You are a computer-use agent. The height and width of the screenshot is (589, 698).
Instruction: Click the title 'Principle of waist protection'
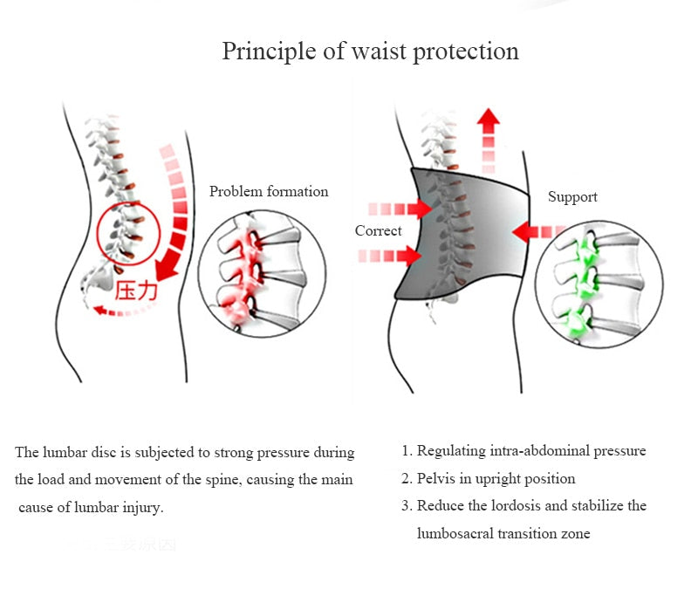(x=370, y=51)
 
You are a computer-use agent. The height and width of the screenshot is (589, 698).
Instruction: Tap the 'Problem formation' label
(x=269, y=191)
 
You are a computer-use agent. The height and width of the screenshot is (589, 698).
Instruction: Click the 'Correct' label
(x=378, y=231)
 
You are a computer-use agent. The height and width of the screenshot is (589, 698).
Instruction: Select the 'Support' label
(x=572, y=197)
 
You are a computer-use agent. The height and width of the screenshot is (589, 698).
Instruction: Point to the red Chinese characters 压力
(x=137, y=290)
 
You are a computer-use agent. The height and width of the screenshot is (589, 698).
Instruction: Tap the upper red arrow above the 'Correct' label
(x=400, y=209)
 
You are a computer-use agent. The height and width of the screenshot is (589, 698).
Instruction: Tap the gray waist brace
(x=462, y=231)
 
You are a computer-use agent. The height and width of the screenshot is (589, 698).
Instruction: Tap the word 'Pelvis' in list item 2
(x=435, y=478)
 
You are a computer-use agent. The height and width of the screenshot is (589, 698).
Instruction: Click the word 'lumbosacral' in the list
(x=456, y=533)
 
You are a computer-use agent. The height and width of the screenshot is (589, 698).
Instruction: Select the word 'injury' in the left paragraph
(x=143, y=507)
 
